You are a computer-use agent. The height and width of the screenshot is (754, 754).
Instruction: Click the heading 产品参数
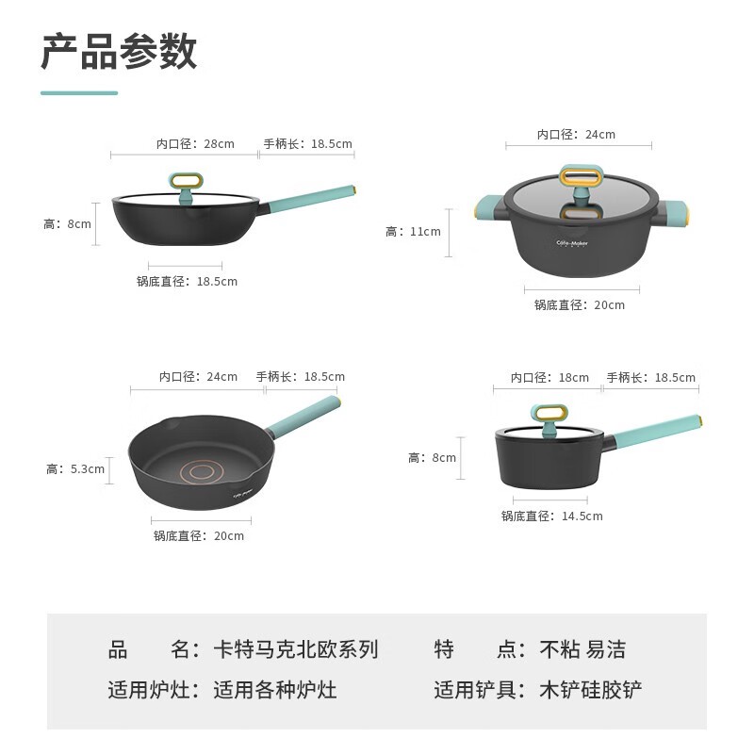tap(120, 51)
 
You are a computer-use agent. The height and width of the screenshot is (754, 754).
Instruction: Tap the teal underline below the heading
tap(79, 92)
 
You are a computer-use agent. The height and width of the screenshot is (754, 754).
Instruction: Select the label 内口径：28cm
tap(195, 144)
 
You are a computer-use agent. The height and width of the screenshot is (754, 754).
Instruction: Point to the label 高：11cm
tap(413, 232)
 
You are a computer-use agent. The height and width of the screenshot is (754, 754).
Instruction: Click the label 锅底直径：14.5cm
tap(552, 516)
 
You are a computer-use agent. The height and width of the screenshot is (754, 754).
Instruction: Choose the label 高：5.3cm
tap(75, 468)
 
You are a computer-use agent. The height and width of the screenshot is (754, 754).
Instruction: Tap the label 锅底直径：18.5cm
tap(187, 281)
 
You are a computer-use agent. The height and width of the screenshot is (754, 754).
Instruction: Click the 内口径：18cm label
tap(549, 378)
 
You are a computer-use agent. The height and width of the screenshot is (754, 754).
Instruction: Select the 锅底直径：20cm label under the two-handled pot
tap(580, 304)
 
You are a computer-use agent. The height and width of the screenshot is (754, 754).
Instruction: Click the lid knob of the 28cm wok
tap(186, 187)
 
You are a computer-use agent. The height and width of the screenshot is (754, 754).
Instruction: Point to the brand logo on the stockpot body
tap(572, 243)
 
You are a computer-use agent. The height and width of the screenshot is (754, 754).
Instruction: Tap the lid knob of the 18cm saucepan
tap(549, 419)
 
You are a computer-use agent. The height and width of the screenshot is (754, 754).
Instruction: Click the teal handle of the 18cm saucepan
tap(657, 432)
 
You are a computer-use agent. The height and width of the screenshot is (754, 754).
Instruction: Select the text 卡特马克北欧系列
tap(296, 649)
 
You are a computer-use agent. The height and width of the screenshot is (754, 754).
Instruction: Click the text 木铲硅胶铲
tap(591, 690)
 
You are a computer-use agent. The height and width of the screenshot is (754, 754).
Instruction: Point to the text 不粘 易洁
tap(582, 649)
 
